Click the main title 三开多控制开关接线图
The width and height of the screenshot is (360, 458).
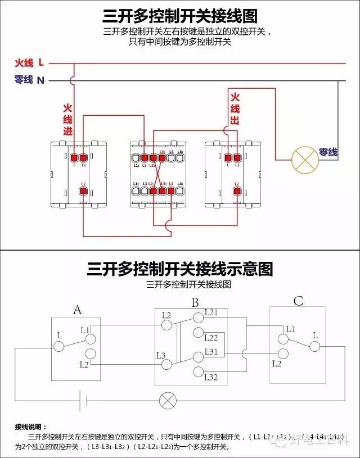(x=180, y=15)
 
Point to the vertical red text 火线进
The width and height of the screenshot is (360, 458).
(x=67, y=119)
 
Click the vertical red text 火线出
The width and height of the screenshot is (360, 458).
(x=235, y=108)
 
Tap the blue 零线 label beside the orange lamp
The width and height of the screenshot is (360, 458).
(x=328, y=152)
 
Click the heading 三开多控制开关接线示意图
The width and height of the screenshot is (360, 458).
(x=180, y=269)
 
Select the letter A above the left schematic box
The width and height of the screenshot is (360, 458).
(x=78, y=309)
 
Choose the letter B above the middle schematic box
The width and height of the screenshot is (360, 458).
(x=195, y=303)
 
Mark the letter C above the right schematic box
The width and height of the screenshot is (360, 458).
(x=298, y=301)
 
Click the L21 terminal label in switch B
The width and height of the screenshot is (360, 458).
(x=211, y=312)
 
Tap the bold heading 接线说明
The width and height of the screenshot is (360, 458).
(x=33, y=427)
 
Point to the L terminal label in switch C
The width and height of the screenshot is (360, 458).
(x=315, y=335)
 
